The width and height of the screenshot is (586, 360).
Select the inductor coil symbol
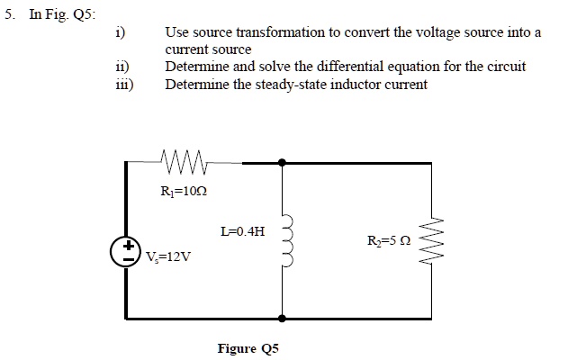[x=288, y=240]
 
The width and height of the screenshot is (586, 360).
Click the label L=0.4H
[x=242, y=231]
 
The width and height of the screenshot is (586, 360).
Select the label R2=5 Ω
[x=390, y=241]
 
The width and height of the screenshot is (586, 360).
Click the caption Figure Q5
[x=248, y=347]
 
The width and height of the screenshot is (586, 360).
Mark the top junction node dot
[x=283, y=163]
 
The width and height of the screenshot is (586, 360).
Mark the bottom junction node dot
[x=283, y=318]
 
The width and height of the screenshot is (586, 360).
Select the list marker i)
[x=120, y=33]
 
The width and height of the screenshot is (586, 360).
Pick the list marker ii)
[x=121, y=67]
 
